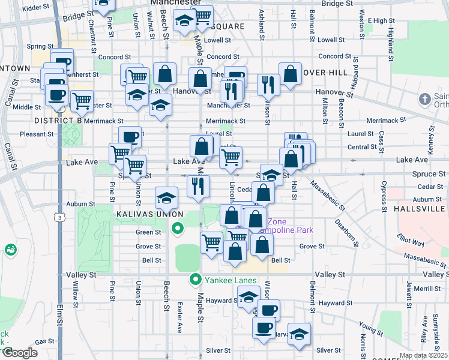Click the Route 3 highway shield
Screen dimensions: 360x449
pyautogui.click(x=58, y=217)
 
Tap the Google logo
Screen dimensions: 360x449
pyautogui.click(x=20, y=353)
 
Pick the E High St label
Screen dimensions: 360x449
pyautogui.click(x=381, y=20)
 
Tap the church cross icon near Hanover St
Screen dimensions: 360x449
pyautogui.click(x=424, y=98)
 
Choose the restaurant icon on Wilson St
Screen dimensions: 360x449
pyautogui.click(x=268, y=84)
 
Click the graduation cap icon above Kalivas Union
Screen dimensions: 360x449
pyautogui.click(x=166, y=197)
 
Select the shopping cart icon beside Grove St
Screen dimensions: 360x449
pyautogui.click(x=211, y=242)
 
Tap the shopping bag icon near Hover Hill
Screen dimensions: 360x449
pyautogui.click(x=290, y=74)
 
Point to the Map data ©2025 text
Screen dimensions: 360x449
pyautogui.click(x=423, y=355)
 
